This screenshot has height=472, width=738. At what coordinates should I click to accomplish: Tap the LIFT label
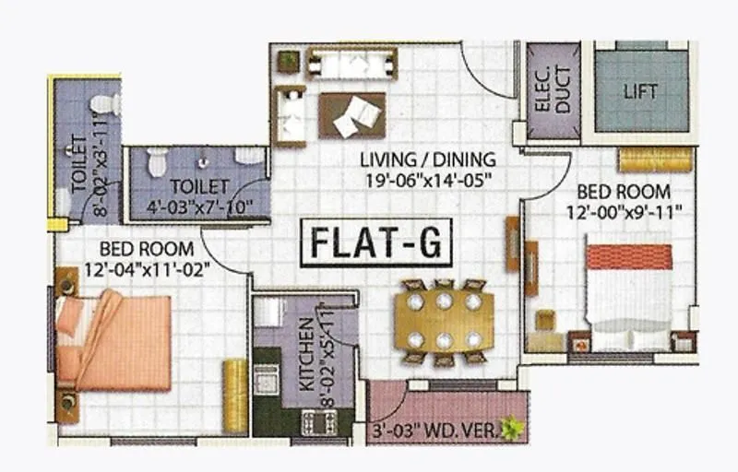(640, 91)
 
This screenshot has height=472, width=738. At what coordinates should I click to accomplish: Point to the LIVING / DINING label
(427, 159)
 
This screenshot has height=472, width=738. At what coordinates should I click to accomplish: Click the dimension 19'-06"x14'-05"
(427, 179)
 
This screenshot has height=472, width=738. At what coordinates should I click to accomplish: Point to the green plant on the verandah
(509, 426)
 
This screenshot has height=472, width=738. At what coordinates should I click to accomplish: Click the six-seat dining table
(443, 321)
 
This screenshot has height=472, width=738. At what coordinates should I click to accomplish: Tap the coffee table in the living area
(351, 116)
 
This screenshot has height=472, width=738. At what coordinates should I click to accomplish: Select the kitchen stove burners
(319, 422)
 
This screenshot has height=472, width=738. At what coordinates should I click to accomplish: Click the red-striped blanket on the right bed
(629, 256)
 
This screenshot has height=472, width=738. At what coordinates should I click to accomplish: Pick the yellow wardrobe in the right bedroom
(654, 159)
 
